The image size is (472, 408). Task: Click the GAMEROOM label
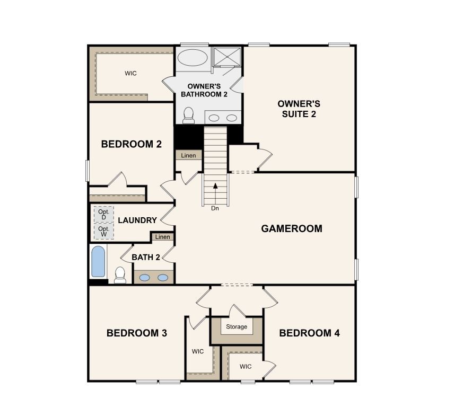click(x=292, y=229)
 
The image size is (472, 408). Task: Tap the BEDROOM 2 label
click(x=131, y=144)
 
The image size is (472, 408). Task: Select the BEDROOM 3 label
click(x=137, y=333)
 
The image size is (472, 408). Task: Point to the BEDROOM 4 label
click(x=309, y=333)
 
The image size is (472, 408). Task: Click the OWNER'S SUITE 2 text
click(x=300, y=109)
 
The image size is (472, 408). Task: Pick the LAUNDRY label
click(x=137, y=220)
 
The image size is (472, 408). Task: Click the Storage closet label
click(x=237, y=327)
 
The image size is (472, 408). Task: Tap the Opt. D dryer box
click(x=103, y=215)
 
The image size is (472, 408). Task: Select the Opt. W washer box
click(x=103, y=232)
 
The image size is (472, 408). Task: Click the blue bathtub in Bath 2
click(x=98, y=261)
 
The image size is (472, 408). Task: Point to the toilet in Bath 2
click(x=120, y=274)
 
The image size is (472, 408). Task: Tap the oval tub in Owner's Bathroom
click(x=192, y=58)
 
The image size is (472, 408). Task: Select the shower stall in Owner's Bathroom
click(x=228, y=56)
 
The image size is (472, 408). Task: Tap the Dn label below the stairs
click(x=215, y=208)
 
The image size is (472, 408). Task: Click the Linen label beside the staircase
click(x=189, y=156)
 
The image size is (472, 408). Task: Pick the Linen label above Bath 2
click(x=163, y=237)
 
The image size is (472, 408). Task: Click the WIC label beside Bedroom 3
click(x=198, y=351)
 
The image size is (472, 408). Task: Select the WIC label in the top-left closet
click(x=130, y=74)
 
